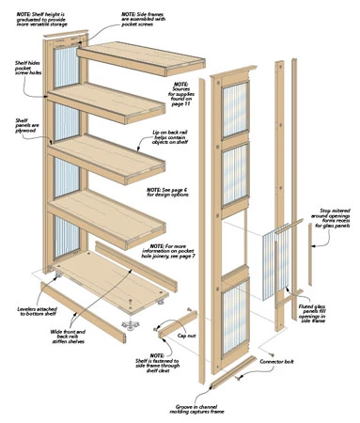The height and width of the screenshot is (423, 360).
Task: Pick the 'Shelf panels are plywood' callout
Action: (x=21, y=129)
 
